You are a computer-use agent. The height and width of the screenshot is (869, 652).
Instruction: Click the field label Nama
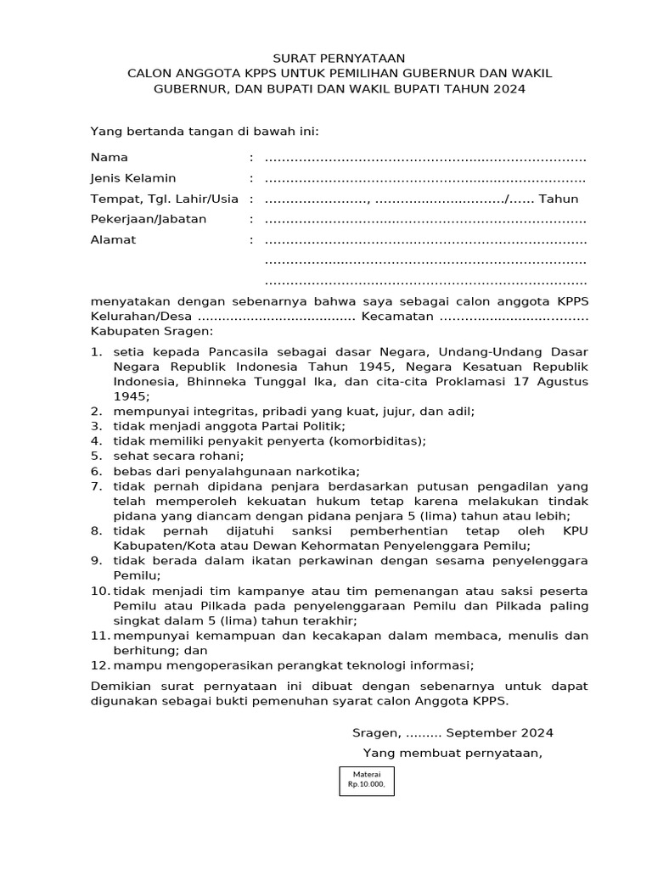[x=109, y=158]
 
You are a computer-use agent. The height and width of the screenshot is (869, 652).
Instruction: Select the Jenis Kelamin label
[x=132, y=178]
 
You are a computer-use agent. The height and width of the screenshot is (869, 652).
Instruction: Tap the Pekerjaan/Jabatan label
[x=148, y=219]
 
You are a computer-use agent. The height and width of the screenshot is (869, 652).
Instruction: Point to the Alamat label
[x=113, y=239]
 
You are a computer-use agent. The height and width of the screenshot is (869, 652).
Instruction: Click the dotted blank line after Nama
[x=424, y=159]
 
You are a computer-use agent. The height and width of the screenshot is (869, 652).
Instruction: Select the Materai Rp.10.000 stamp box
[x=366, y=780]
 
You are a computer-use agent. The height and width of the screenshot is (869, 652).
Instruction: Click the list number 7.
[x=96, y=486]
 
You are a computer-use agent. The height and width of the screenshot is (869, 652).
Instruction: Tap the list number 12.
[x=99, y=664]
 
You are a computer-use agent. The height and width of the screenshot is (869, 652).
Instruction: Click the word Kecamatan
[x=397, y=316]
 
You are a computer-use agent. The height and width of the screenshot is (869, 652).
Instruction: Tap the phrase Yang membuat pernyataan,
[x=452, y=753]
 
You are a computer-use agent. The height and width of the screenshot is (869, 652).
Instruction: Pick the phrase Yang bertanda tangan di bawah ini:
[x=204, y=131]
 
